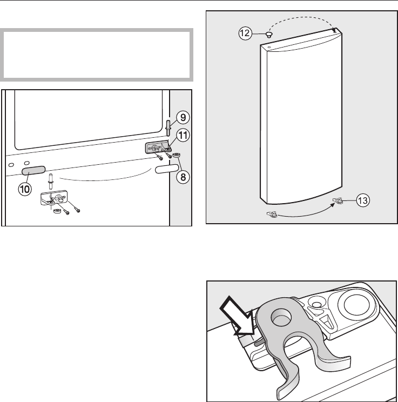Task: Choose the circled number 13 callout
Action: pos(363,200)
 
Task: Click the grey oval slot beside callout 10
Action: pos(32,171)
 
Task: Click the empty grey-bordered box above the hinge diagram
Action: pos(97,55)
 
